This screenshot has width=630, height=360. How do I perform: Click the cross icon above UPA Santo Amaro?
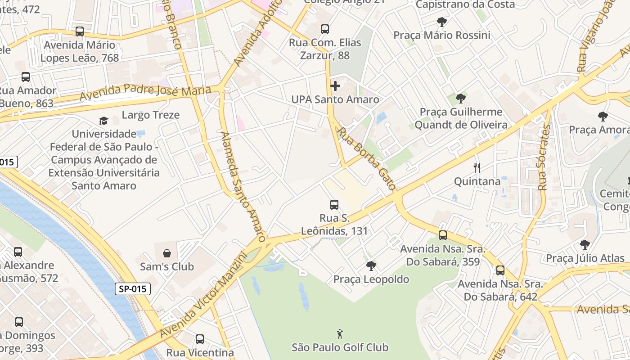tap(335, 85)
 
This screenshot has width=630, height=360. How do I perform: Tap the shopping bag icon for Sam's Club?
tap(167, 253)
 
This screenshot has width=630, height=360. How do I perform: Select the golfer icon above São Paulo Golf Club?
tap(340, 334)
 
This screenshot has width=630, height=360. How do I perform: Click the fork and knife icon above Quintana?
tap(477, 168)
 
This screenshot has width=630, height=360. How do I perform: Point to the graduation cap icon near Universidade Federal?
tap(104, 121)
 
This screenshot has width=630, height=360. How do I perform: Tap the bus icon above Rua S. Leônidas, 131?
tap(334, 205)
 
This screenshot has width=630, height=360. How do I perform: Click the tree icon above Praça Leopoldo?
tap(371, 266)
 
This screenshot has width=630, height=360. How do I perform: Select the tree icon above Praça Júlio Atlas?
tap(585, 245)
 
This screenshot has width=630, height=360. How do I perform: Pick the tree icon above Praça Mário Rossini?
tap(442, 22)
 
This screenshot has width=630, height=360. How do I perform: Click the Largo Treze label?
tap(151, 115)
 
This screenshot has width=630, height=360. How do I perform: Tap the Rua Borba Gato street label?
tap(367, 158)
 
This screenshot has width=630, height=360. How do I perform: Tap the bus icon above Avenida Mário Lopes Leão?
tap(80, 31)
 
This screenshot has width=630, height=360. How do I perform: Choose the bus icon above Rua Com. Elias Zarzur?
tap(325, 29)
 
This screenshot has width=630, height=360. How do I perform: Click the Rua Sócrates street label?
tap(544, 157)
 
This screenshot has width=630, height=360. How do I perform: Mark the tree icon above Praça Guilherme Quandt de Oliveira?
tap(460, 99)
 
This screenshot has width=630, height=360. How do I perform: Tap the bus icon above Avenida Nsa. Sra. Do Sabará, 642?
tap(500, 270)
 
